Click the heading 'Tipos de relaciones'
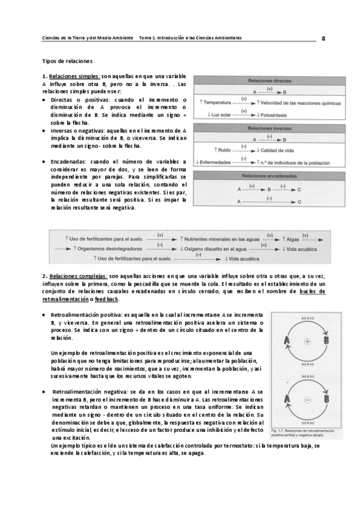tap(67, 61)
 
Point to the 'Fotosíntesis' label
tap(279, 114)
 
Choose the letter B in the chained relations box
tap(269, 188)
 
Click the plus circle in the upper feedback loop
tap(307, 341)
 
